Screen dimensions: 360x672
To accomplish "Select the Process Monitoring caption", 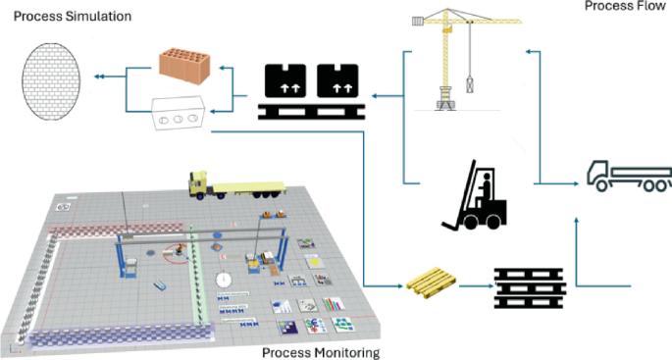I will click(320, 352).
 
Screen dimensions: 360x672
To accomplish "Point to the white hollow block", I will click(179, 112).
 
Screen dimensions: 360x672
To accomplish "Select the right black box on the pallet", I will click(339, 80).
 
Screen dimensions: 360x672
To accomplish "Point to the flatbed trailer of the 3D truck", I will click(247, 184).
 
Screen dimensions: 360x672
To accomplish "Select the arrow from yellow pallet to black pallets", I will click(474, 287).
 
